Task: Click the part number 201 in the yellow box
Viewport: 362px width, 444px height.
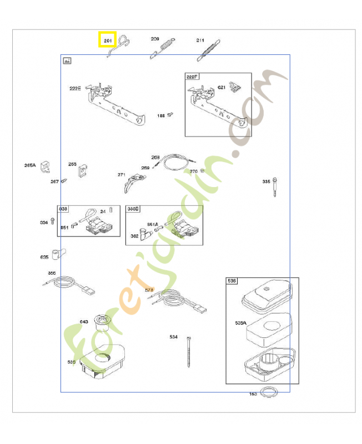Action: pos(107,40)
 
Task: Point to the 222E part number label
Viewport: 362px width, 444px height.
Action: pos(75,88)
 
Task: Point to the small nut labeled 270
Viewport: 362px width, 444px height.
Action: pos(203,171)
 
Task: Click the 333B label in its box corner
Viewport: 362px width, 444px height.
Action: pos(133,209)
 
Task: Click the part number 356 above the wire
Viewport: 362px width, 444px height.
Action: pos(52,273)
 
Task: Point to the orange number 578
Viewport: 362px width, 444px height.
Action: pos(149,290)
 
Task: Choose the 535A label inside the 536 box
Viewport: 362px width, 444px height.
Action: pos(240,322)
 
